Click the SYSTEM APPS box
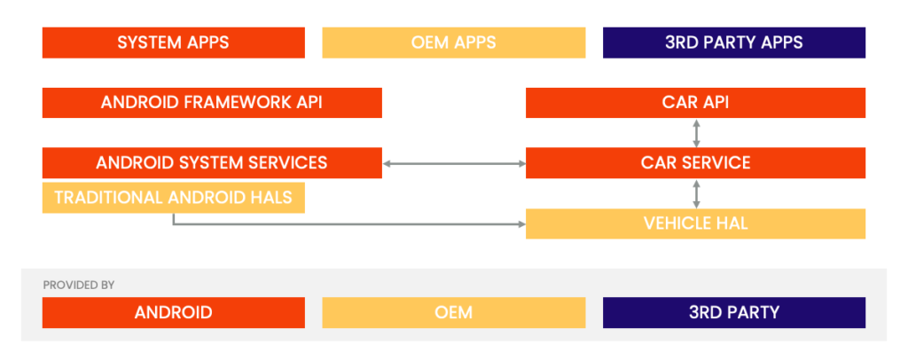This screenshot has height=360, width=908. pos(173,43)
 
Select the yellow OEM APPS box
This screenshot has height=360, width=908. pos(453,43)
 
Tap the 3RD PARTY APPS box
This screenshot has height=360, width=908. pos(733,43)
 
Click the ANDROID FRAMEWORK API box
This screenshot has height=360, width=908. pos(212,102)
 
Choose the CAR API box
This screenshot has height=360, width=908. pos(695,102)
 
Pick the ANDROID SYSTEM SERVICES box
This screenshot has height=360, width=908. pos(212,163)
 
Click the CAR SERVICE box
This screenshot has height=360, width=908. pos(695,163)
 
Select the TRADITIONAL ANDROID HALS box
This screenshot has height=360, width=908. pos(173,198)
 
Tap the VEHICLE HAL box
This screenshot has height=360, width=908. pos(695,223)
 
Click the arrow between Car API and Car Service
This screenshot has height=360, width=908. pos(696,133)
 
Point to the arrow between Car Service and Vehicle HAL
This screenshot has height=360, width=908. pos(696,193)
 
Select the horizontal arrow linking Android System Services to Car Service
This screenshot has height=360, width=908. pos(453,163)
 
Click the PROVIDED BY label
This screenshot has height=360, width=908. pos(78,286)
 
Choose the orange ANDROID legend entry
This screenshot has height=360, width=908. pos(173,312)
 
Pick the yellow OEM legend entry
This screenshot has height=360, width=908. pos(453,312)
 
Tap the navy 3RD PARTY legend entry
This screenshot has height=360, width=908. pos(733,312)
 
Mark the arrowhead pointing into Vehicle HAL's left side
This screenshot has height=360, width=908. pos(521,223)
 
